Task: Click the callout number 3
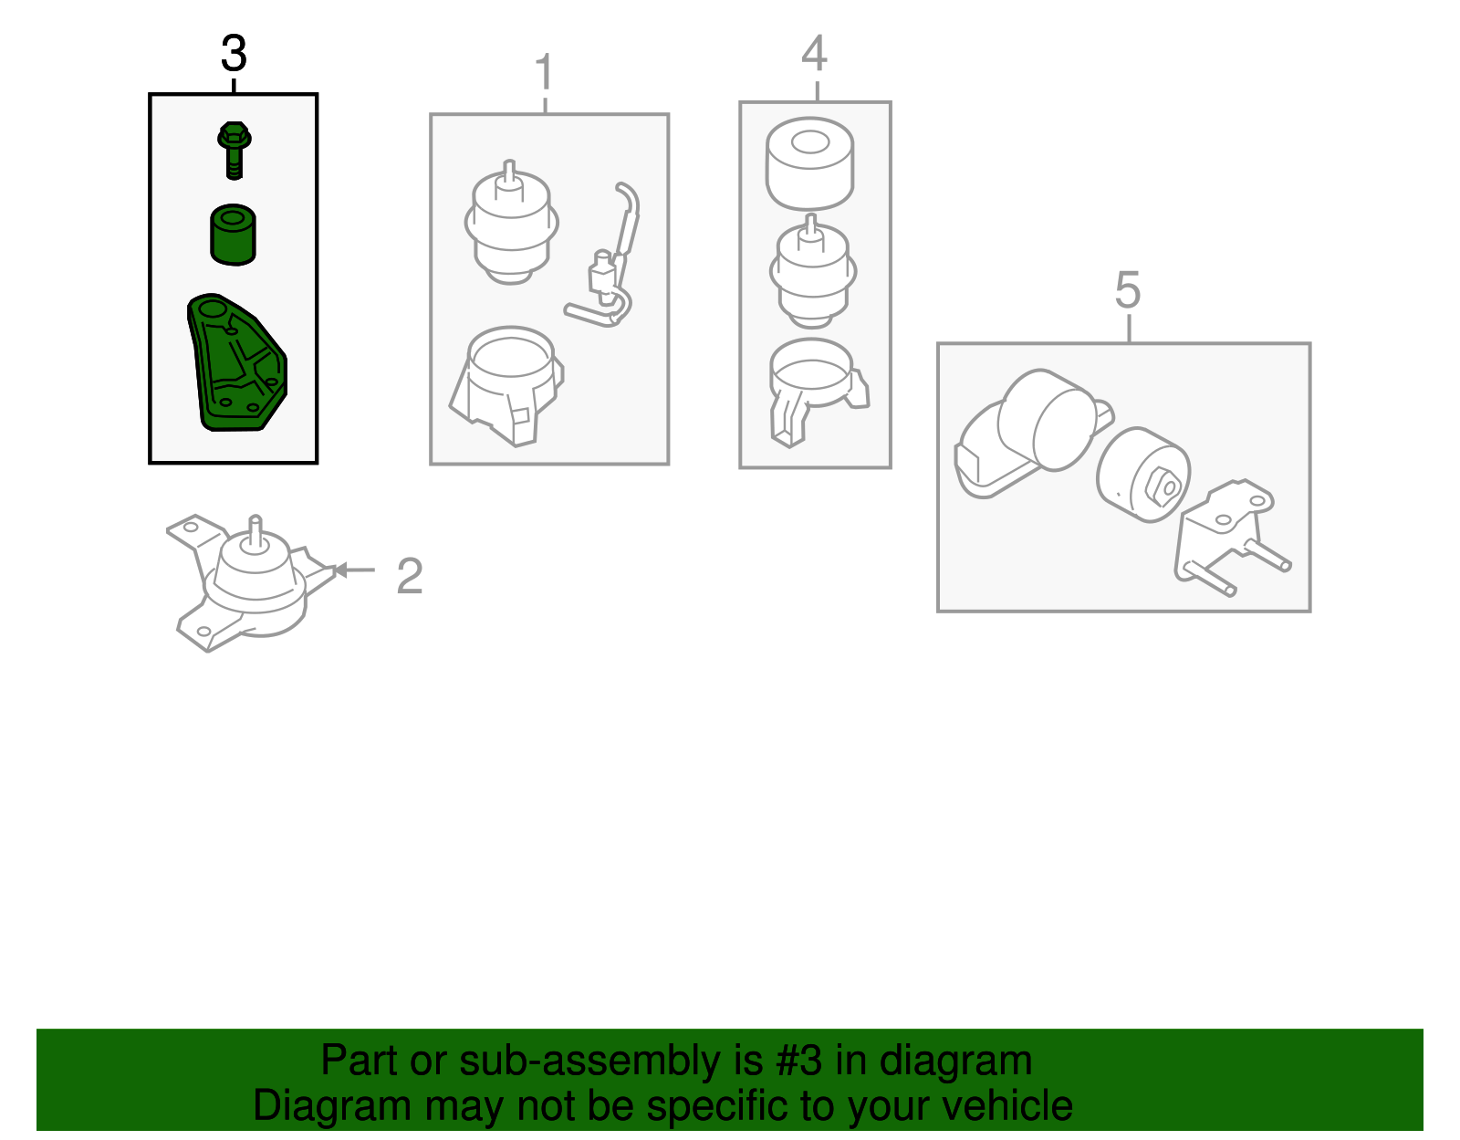(234, 54)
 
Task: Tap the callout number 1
(544, 71)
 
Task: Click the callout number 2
(410, 576)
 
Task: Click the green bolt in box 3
(234, 151)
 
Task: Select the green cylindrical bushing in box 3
(233, 235)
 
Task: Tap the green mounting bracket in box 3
(236, 362)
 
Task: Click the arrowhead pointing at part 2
(340, 570)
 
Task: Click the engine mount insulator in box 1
(511, 223)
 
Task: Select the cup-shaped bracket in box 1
(506, 386)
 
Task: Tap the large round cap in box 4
(809, 163)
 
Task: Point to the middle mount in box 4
(812, 271)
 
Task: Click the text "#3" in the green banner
(798, 1061)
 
